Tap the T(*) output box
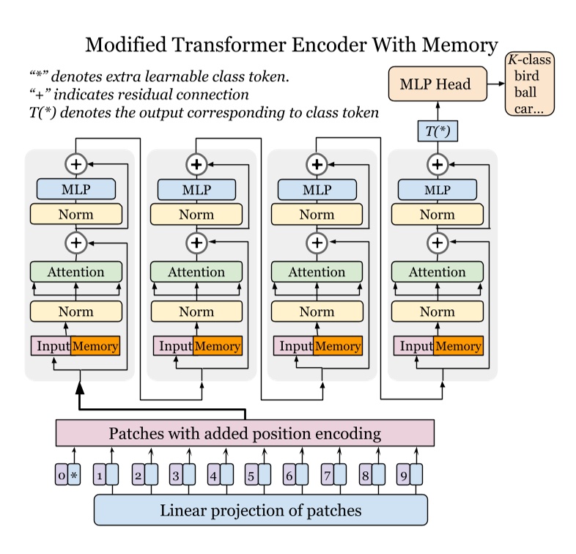click(x=437, y=130)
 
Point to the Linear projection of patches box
click(x=260, y=510)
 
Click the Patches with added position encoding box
click(x=245, y=433)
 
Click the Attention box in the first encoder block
click(x=75, y=272)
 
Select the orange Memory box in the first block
click(x=95, y=346)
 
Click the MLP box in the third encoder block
click(x=317, y=189)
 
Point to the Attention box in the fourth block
click(x=437, y=272)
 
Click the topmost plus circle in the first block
click(x=75, y=165)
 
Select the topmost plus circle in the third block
click(x=317, y=165)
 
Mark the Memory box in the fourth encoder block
click(x=457, y=346)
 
